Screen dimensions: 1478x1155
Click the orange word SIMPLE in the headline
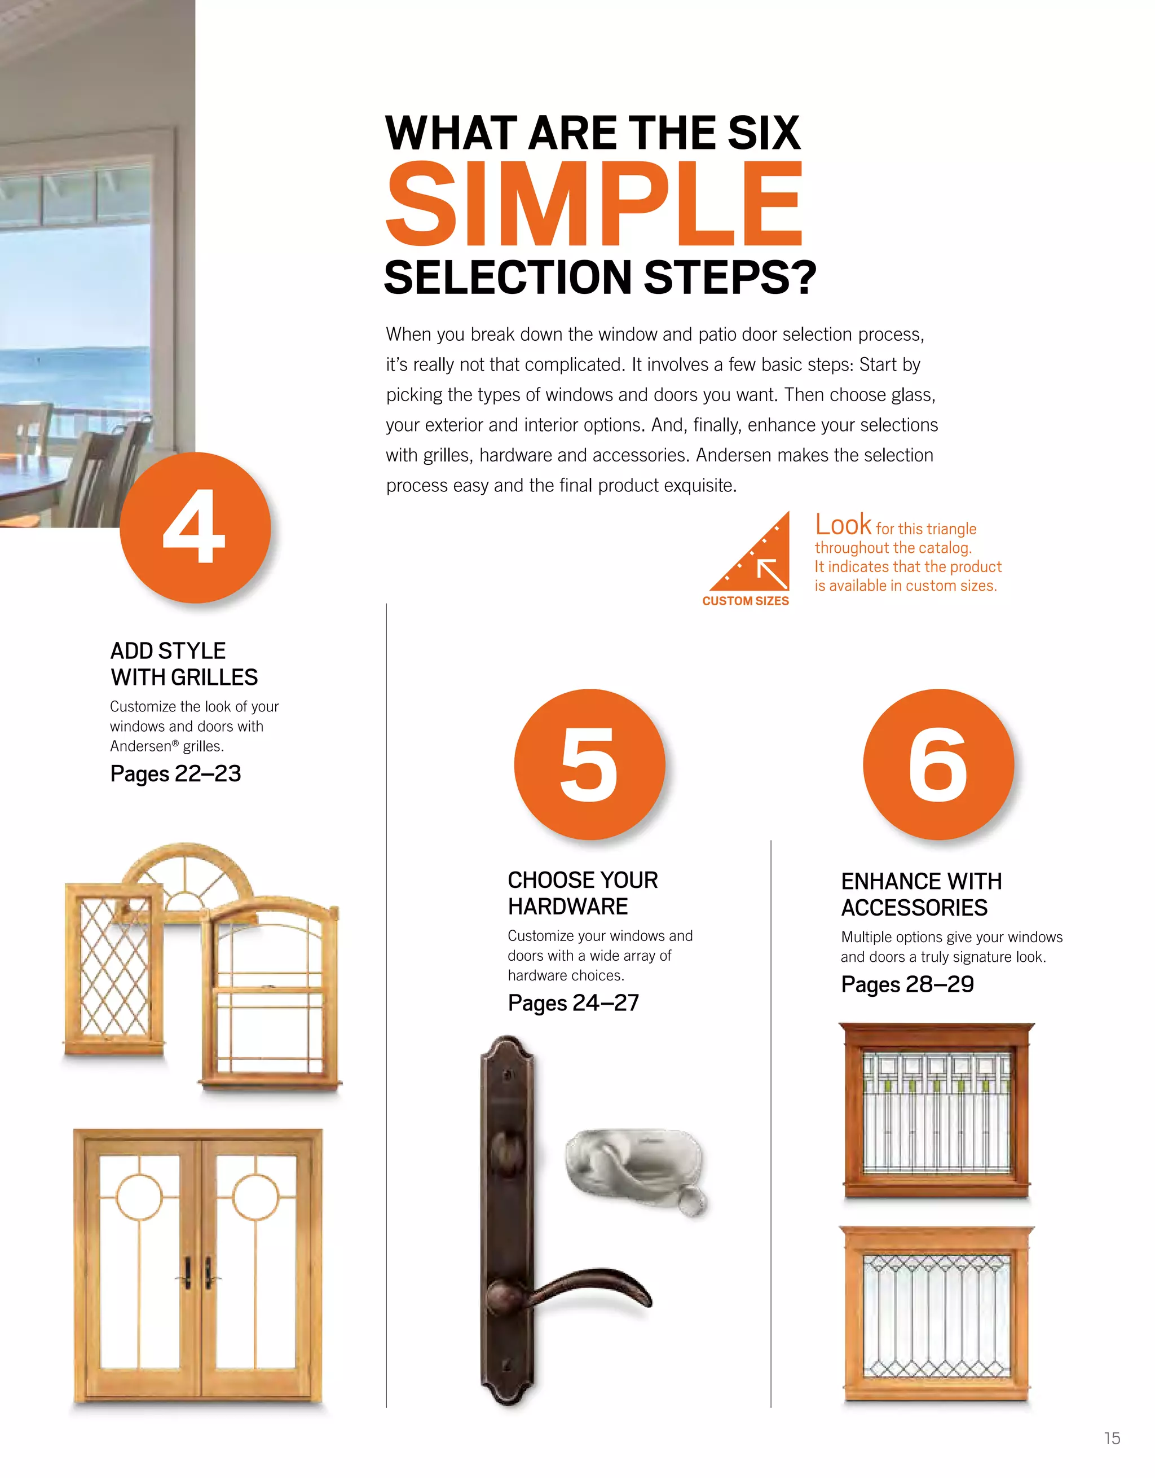point(594,204)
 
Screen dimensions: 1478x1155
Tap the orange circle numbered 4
point(195,527)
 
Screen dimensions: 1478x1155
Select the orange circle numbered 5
point(589,764)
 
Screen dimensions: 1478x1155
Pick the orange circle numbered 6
point(938,764)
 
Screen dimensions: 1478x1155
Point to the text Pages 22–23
point(175,773)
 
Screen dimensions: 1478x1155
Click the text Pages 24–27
point(573,1003)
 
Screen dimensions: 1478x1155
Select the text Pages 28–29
point(907,984)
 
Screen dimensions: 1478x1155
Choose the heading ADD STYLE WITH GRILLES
point(183,664)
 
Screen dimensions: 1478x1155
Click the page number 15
point(1112,1438)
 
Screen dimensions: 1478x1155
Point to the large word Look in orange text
point(843,525)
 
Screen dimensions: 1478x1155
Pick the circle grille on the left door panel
point(139,1197)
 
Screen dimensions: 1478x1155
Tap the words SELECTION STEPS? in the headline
point(599,278)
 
